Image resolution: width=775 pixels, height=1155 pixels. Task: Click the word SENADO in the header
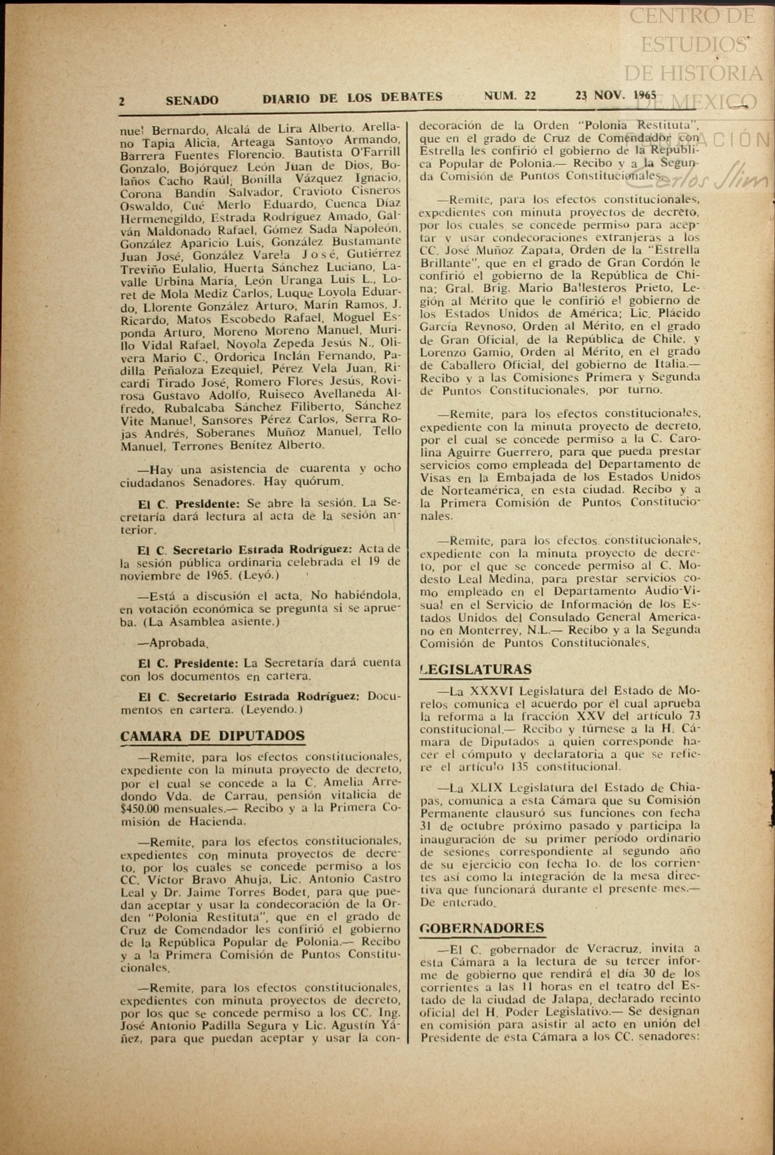192,100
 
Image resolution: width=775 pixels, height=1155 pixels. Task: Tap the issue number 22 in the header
530,96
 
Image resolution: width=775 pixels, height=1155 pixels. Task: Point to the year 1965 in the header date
644,95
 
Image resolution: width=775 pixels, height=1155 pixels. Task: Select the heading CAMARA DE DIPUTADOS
212,736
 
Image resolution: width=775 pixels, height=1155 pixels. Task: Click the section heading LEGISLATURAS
476,669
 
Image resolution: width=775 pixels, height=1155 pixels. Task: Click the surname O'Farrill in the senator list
376,153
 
